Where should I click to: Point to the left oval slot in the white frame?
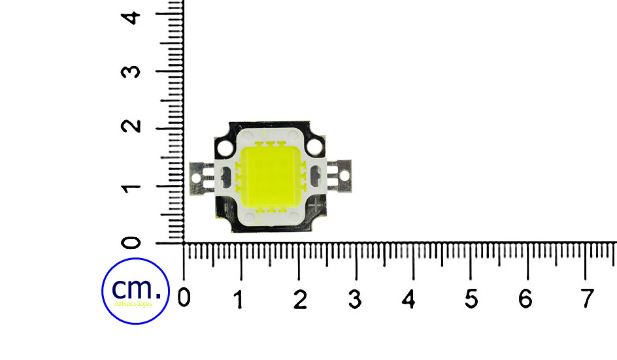point(226,176)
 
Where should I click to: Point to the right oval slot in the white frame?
point(315,175)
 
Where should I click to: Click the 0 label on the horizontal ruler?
point(184,298)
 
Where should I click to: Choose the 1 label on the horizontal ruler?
point(240,299)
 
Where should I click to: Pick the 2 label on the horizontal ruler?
point(300,299)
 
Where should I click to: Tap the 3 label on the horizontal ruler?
point(355,299)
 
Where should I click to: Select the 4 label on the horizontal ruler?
point(409,299)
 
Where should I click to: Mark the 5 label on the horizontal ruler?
point(471,299)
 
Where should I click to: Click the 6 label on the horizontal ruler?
point(525,299)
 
